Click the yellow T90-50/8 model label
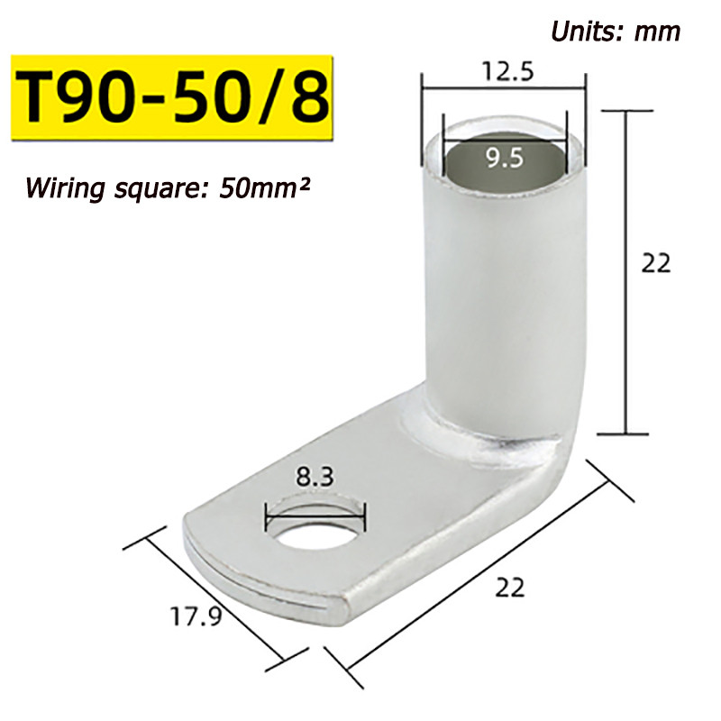pyautogui.click(x=172, y=98)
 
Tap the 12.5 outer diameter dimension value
pyautogui.click(x=507, y=71)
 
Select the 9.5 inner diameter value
pyautogui.click(x=505, y=158)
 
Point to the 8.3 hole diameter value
pyautogui.click(x=315, y=477)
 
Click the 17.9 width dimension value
pyautogui.click(x=196, y=616)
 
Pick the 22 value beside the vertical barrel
pyautogui.click(x=656, y=264)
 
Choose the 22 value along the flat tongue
pyautogui.click(x=509, y=588)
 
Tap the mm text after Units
pyautogui.click(x=657, y=33)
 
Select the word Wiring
pyautogui.click(x=65, y=188)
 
